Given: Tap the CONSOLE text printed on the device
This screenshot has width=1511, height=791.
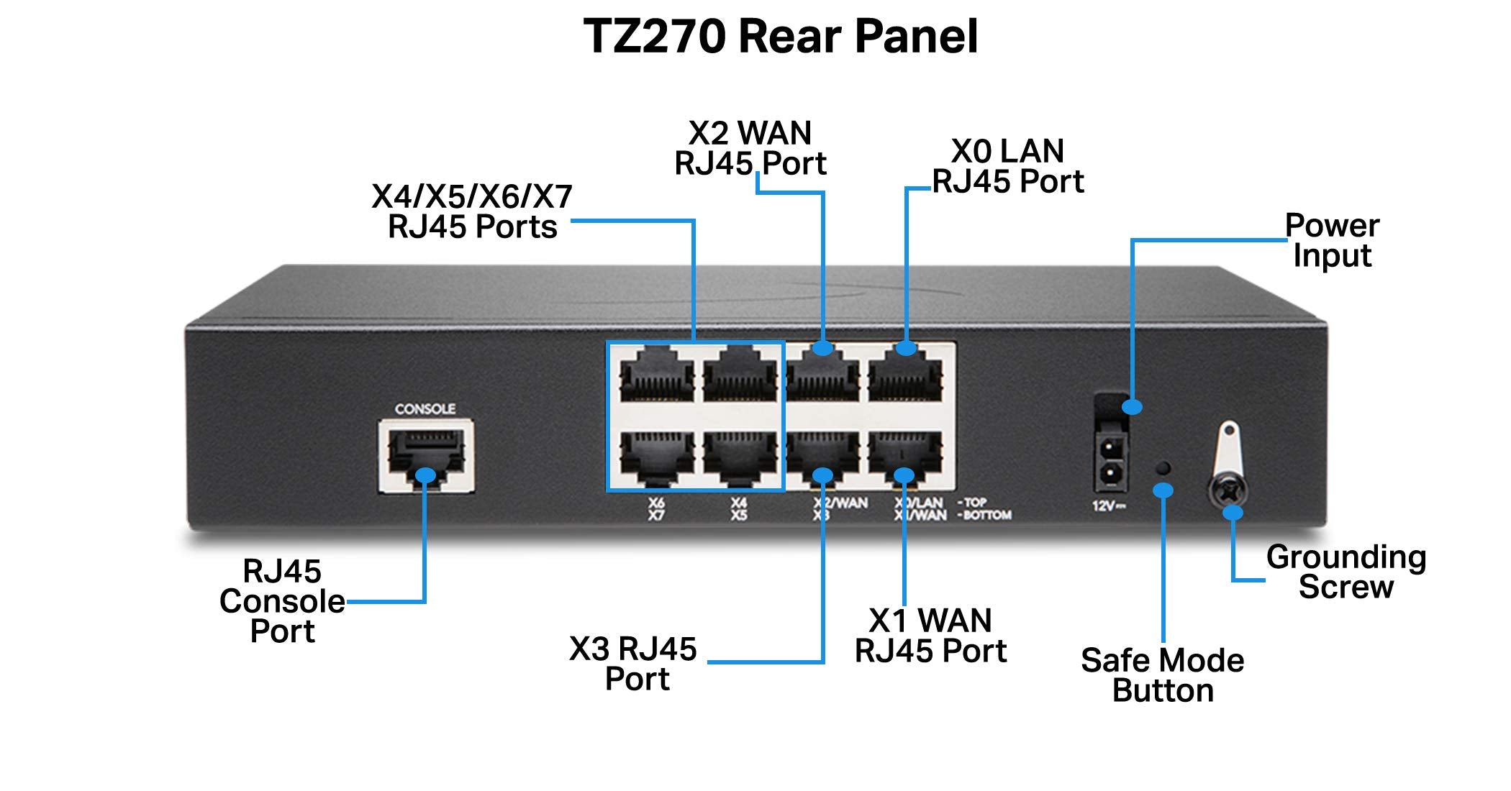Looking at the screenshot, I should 425,408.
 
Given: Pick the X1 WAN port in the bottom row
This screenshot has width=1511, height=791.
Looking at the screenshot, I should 905,457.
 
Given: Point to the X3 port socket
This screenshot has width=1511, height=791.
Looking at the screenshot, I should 822,457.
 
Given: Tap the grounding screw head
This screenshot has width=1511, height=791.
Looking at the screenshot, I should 1229,493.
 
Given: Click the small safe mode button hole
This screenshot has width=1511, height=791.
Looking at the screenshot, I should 1162,468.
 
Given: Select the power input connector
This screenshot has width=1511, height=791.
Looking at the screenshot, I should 1111,460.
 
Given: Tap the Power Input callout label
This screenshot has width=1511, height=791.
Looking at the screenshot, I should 1332,241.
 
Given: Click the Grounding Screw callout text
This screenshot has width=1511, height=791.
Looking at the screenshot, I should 1346,572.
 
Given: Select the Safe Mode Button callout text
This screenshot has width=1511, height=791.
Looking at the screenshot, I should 1162,675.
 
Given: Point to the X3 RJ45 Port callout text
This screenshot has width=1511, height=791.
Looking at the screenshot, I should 633,663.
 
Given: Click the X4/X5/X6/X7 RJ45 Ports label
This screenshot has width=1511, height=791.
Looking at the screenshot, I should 472,211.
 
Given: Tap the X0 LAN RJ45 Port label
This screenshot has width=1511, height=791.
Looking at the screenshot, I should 1007,166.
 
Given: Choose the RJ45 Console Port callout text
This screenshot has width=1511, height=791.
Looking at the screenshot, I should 282,601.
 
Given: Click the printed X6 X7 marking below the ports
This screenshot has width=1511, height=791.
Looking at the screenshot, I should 656,509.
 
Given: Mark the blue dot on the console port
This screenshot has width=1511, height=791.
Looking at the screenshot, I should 426,475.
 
